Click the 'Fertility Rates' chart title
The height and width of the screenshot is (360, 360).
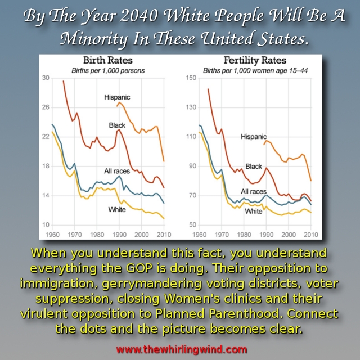254,61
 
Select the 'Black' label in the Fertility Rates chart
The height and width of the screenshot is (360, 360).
254,166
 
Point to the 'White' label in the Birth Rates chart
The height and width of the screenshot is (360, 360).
117,210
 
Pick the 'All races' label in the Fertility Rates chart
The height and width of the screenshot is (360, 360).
254,191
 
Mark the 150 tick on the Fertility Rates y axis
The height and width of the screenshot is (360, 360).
191,78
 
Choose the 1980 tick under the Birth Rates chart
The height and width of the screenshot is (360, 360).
96,234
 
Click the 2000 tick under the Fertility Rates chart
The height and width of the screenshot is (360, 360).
288,234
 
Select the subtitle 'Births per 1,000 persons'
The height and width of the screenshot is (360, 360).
107,70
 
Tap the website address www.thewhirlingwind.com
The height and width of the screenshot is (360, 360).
181,349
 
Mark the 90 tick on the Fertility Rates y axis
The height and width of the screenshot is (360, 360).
192,166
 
